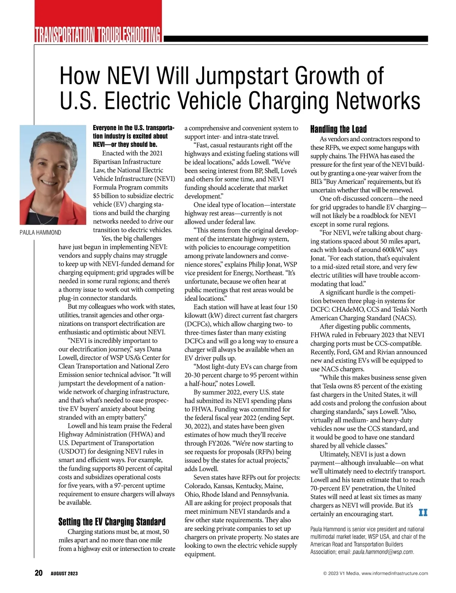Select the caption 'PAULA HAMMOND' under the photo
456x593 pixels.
[40, 233]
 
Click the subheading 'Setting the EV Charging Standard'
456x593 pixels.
[112, 521]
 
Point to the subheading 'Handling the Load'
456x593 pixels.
[338, 129]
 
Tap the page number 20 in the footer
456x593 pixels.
[39, 573]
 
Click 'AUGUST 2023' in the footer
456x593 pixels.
[64, 574]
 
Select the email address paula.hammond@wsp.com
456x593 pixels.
[382, 552]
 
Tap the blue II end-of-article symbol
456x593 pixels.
[423, 513]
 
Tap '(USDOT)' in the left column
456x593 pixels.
[72, 451]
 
